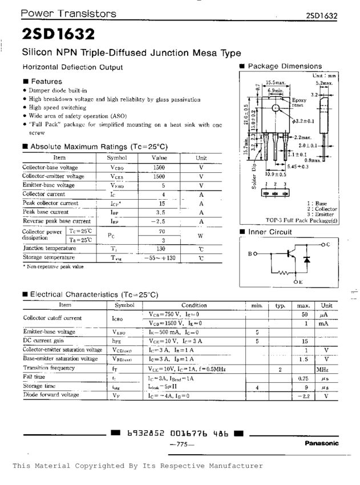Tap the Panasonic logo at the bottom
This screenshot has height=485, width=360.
321,443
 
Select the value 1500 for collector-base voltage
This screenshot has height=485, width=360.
159,168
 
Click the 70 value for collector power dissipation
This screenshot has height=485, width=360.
162,232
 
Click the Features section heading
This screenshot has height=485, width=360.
46,82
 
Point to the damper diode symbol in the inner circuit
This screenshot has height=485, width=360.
306,260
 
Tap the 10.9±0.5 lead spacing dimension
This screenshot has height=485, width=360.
276,174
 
